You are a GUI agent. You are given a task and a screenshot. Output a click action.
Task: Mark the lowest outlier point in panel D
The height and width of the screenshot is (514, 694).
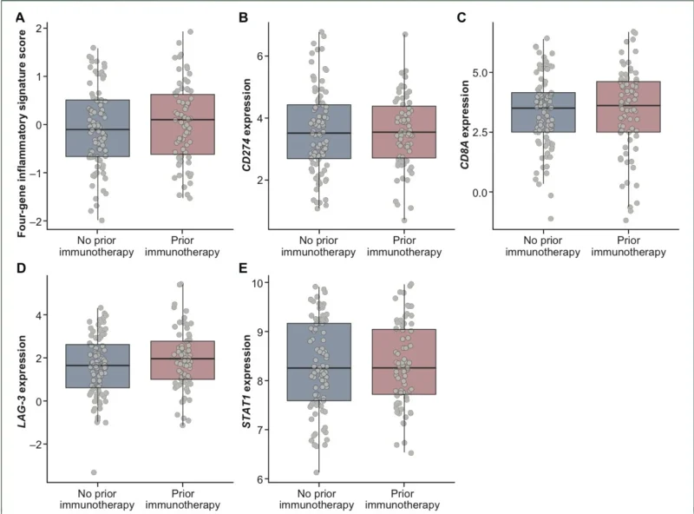[x=93, y=472]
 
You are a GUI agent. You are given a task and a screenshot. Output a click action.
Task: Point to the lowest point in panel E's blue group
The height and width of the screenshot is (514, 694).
[x=317, y=472]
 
